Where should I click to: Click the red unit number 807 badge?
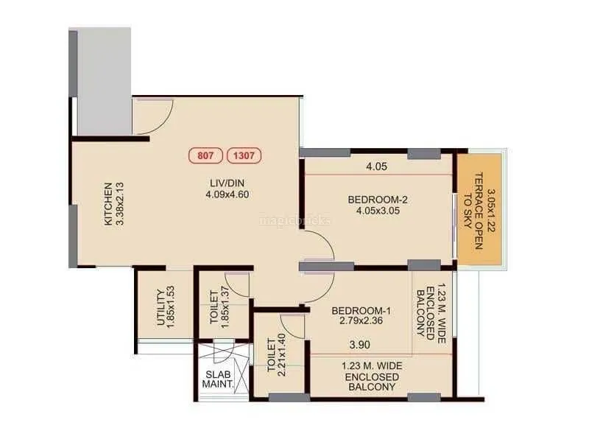[205, 155]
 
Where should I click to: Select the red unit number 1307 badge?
[244, 155]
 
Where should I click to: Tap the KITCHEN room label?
[108, 204]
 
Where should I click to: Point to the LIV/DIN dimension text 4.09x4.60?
[228, 194]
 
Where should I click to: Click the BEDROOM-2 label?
[378, 200]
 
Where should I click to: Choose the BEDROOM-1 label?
[361, 311]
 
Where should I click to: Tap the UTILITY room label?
[161, 307]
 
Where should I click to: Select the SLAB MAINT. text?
[218, 379]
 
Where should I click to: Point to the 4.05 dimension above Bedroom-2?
[376, 166]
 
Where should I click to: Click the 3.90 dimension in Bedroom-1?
[359, 345]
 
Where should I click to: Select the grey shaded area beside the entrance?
[104, 81]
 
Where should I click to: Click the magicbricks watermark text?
[295, 220]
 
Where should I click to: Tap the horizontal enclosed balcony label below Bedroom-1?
[372, 376]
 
